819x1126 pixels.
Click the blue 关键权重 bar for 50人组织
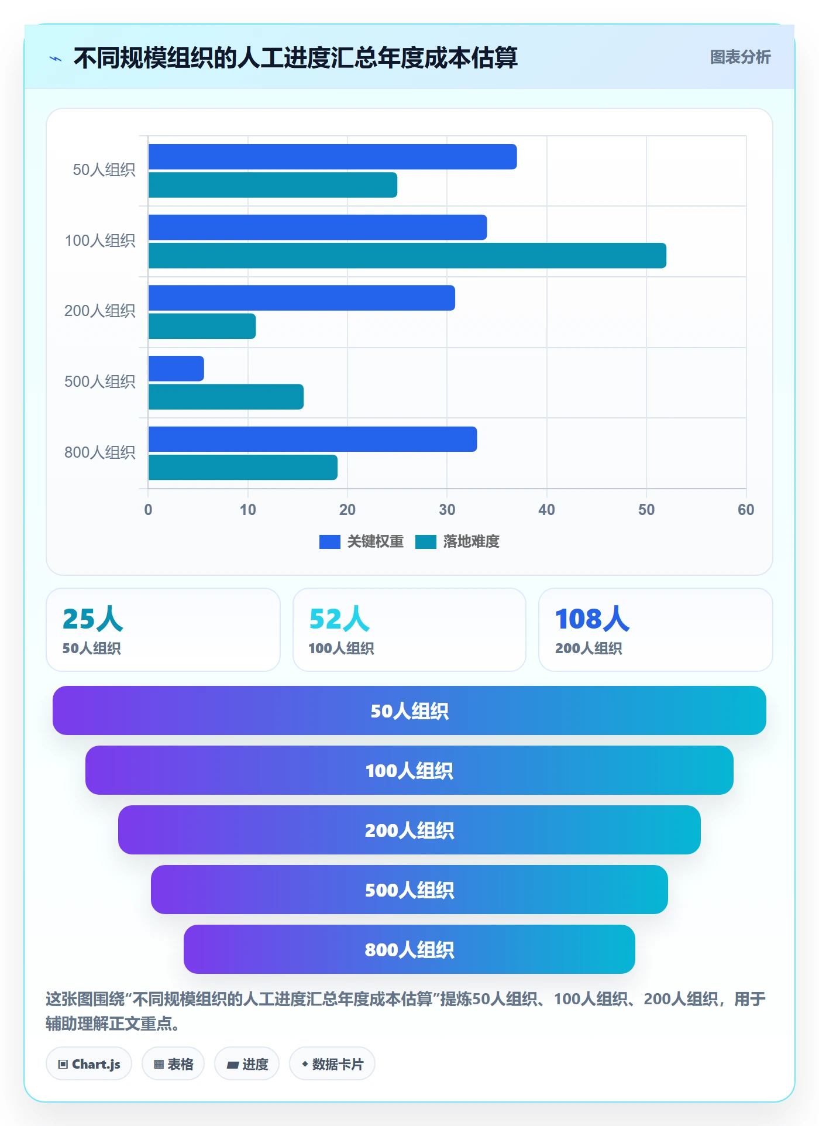332,157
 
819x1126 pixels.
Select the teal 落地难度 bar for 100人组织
407,256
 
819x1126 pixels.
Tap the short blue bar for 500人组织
176,369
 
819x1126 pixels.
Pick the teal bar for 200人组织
202,326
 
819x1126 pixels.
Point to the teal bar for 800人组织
243,468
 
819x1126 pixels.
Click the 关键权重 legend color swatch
329,542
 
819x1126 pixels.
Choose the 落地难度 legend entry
457,542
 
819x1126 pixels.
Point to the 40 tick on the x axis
547,510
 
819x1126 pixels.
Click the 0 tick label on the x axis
148,510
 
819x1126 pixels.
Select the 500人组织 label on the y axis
99,382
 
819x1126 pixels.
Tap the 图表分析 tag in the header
740,57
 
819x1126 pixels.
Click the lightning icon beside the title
56,59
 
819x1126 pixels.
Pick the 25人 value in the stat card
92,619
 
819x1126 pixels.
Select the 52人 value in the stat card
339,619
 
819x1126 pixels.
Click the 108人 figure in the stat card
592,619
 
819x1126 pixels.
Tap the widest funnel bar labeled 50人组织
409,710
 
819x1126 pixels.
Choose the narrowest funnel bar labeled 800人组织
409,949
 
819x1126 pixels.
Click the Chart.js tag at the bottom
89,1064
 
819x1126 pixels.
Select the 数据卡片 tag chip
332,1064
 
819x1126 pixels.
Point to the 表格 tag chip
173,1064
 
